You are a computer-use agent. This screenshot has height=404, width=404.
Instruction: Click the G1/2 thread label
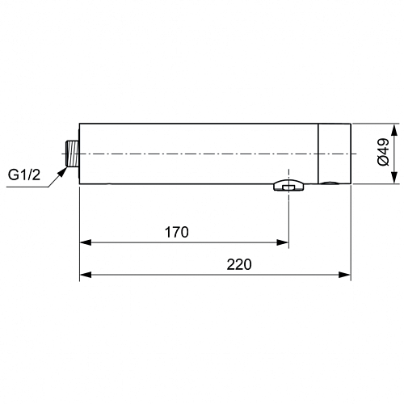(x=24, y=175)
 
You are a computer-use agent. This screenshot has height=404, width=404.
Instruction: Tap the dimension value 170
(x=177, y=232)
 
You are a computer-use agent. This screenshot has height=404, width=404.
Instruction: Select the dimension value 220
(x=239, y=264)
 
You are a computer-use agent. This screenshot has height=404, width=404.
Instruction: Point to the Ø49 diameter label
(x=383, y=152)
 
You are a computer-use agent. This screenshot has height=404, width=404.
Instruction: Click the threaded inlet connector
(x=73, y=154)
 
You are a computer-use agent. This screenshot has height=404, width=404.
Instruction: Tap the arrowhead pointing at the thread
(x=62, y=172)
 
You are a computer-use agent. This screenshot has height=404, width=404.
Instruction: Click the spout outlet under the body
(x=288, y=185)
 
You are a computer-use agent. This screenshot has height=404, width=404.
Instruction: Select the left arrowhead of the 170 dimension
(x=86, y=242)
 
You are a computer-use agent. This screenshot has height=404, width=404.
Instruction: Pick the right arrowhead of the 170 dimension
(x=283, y=242)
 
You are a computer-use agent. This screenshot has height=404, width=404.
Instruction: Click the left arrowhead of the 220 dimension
(x=86, y=275)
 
